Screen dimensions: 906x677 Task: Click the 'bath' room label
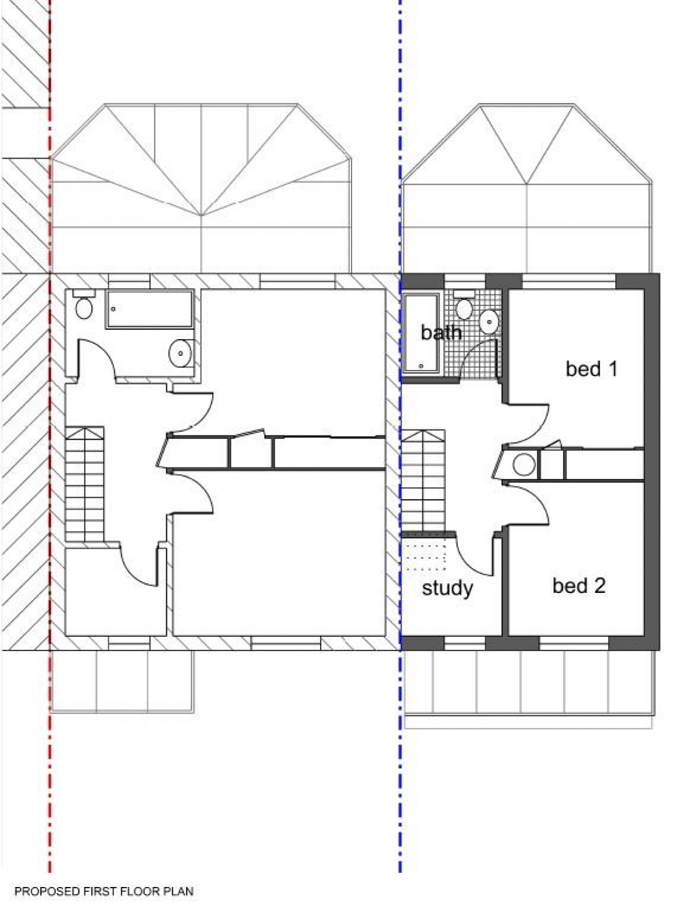[441, 332]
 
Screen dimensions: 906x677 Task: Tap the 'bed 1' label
[591, 369]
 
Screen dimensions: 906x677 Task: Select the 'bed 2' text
[578, 586]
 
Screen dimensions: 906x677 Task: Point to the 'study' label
[447, 588]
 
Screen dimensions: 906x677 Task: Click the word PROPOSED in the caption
[40, 891]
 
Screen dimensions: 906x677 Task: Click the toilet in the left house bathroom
[84, 306]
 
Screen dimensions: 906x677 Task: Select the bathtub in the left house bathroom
[149, 309]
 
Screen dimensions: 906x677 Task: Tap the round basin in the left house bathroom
[179, 353]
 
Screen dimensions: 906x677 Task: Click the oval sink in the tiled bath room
[489, 321]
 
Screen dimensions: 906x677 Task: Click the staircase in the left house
[84, 484]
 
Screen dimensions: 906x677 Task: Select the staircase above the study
[423, 481]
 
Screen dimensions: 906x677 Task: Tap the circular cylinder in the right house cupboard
[524, 465]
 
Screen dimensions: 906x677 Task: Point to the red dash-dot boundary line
[50, 772]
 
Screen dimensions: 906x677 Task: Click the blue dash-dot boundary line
[400, 772]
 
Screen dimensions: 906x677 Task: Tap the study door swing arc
[475, 555]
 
